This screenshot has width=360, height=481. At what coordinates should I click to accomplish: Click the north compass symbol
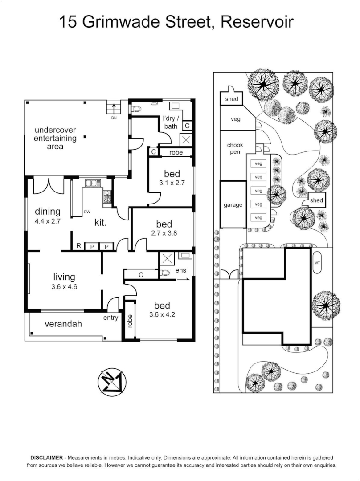point(112,382)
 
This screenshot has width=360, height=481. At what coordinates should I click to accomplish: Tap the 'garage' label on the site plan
point(233,205)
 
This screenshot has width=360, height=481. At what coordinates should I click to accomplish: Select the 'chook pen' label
point(235,148)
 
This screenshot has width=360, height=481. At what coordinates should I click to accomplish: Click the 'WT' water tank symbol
point(317,263)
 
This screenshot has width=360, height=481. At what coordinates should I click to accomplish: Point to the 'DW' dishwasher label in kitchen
point(87,212)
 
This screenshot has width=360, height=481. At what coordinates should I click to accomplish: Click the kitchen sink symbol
point(92,182)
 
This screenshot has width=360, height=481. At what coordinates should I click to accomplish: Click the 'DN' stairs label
point(115,118)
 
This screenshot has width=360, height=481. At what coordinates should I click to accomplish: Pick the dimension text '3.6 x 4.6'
point(64,287)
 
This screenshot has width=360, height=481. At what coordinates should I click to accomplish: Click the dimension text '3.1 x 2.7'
point(172,183)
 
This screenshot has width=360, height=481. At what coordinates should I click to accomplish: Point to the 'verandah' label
point(63,324)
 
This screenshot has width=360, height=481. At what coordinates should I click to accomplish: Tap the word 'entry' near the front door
point(110,318)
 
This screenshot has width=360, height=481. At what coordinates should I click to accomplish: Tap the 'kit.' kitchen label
point(100,222)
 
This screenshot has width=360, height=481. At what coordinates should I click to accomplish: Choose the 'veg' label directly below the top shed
point(235,119)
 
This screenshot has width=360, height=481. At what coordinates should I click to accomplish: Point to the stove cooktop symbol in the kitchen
point(107,196)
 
